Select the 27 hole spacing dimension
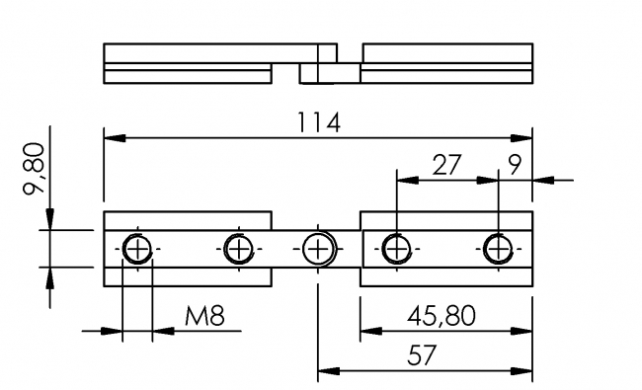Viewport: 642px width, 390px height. click(x=446, y=164)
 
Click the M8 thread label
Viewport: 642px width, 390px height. click(x=205, y=317)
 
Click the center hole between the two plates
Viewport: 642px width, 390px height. click(x=318, y=249)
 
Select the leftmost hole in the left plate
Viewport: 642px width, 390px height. click(x=137, y=249)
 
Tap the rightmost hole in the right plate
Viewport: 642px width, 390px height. click(x=498, y=248)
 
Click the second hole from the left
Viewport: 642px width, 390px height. click(x=237, y=249)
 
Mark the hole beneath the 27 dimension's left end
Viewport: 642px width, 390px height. click(x=396, y=248)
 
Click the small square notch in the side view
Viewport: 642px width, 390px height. click(x=308, y=72)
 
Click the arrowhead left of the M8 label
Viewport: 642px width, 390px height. click(x=111, y=331)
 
